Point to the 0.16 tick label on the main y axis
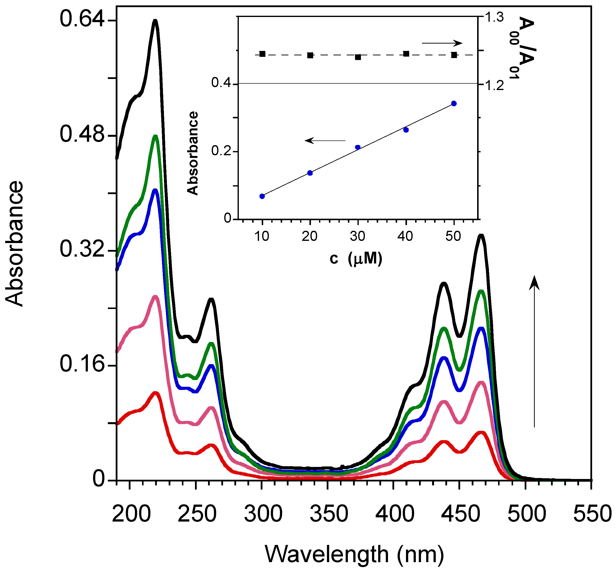pos(82,364)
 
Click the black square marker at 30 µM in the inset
pos(358,57)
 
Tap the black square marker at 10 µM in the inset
pos(262,54)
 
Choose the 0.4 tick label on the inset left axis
pos(222,83)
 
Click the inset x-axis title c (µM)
pos(356,259)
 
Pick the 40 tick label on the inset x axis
pos(405,236)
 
